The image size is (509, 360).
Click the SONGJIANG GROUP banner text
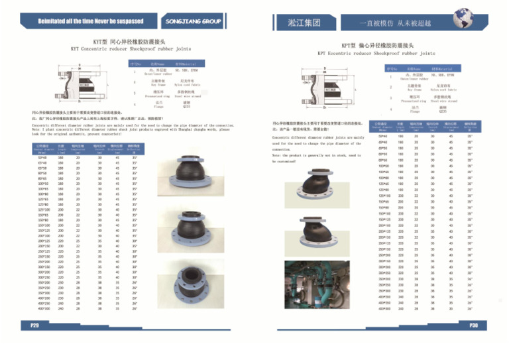(x=193, y=21)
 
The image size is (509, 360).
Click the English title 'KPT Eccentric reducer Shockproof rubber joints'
(x=376, y=53)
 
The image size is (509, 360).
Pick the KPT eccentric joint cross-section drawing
(x=324, y=86)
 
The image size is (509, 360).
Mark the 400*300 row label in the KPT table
(x=383, y=308)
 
